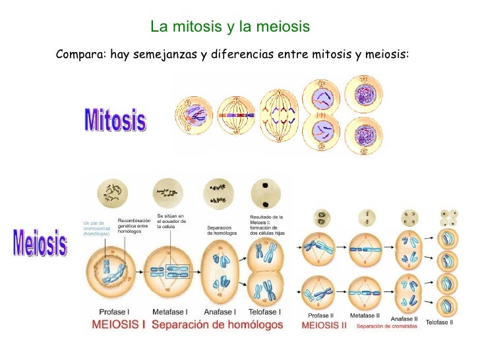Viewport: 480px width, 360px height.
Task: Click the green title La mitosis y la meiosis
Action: coord(229,27)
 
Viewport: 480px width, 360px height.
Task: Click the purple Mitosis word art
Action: coord(115,120)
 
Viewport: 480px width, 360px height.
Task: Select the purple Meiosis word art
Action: coord(40,242)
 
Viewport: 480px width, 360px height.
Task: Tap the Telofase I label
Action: coord(264,312)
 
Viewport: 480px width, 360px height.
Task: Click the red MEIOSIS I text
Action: coord(119,324)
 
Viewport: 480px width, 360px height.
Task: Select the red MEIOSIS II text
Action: coord(324,325)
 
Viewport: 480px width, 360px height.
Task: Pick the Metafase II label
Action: coord(365,315)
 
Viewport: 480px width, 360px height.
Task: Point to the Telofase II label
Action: coord(439,322)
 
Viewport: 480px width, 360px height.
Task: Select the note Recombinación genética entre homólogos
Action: coord(138,225)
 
